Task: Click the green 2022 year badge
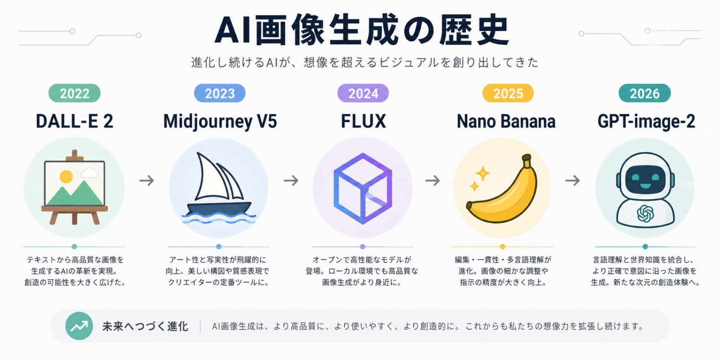(74, 93)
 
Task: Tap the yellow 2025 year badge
(508, 93)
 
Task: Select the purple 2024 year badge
(363, 93)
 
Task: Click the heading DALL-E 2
(74, 121)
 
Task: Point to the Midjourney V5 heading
(220, 121)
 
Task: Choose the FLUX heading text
(363, 121)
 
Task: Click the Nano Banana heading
(506, 121)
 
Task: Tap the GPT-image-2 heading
(646, 121)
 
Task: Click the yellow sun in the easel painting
(66, 176)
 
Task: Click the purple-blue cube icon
(363, 189)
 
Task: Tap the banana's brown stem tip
(527, 160)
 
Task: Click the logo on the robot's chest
(645, 213)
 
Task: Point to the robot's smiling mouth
(645, 186)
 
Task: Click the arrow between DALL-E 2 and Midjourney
(147, 180)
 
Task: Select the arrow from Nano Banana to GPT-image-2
(572, 180)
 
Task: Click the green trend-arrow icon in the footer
(79, 326)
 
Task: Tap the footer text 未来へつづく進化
(145, 327)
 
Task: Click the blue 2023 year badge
(219, 93)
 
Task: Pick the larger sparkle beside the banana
(483, 173)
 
